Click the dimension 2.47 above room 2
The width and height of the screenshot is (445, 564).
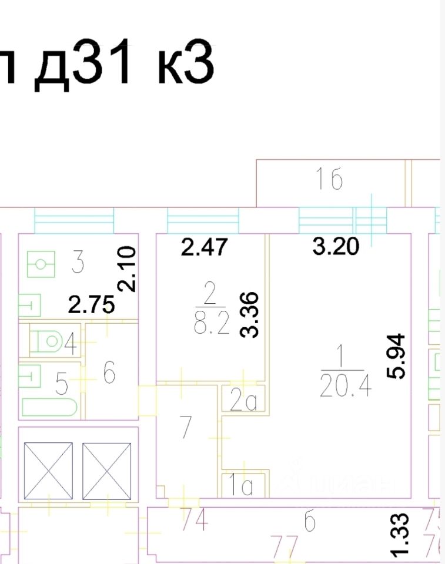coord(203,247)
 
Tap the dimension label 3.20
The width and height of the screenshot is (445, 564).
coord(336,247)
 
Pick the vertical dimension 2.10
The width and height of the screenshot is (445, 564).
coord(128,269)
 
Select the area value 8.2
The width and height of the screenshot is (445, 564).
coord(210,323)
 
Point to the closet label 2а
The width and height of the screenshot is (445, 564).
coord(243,401)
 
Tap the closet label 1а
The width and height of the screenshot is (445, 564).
coord(242,486)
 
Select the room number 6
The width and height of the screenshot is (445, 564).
coord(109,372)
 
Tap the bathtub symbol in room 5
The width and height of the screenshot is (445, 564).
coord(51,407)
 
